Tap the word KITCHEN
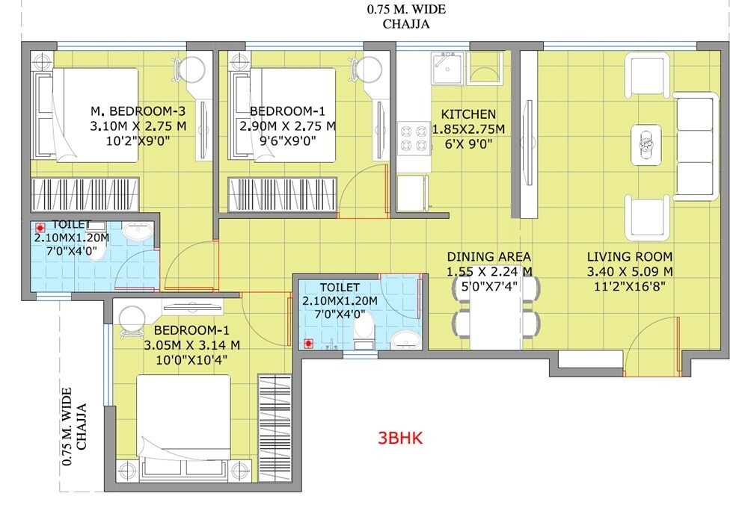pos(468,114)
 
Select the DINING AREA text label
pos(489,256)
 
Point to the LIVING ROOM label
pos(629,256)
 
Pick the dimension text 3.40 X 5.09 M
pos(629,270)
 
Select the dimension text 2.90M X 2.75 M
pos(287,127)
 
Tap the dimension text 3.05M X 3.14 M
pos(191,344)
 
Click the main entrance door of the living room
pos(652,347)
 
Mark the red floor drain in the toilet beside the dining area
pos(307,344)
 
